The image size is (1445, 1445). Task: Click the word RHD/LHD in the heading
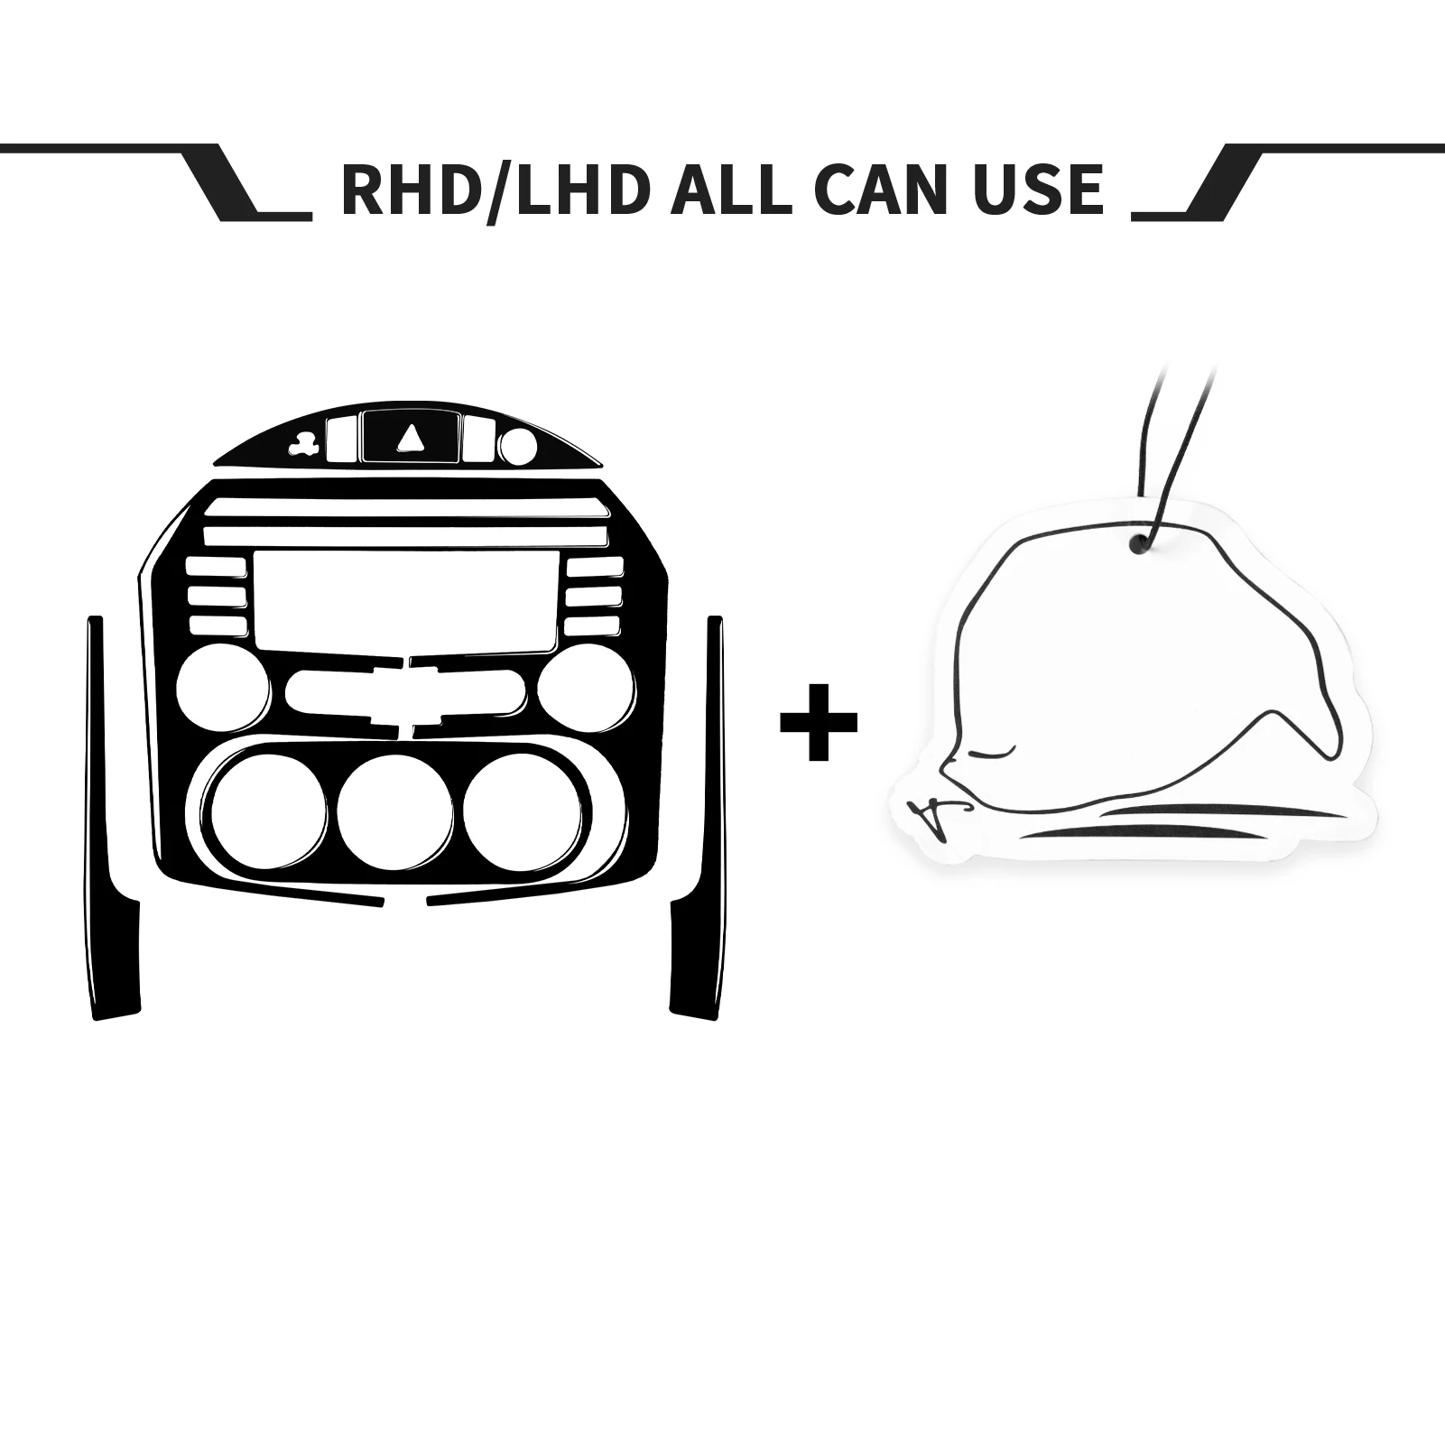(496, 190)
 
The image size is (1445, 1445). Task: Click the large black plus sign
(819, 722)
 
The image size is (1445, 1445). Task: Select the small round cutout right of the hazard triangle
(517, 445)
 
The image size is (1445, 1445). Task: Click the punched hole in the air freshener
(1140, 543)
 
